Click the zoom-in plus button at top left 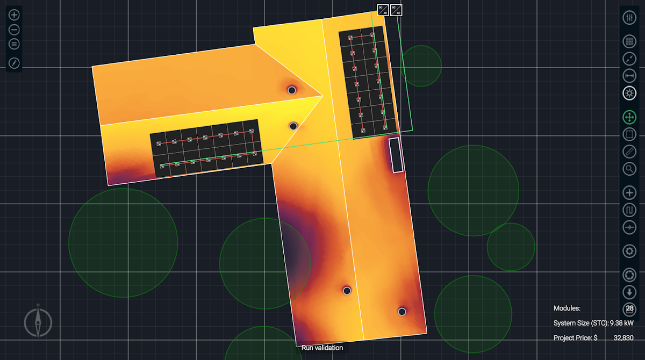coord(14,15)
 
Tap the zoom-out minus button coord(14,30)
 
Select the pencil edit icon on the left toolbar coord(14,63)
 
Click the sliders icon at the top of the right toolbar coord(629,18)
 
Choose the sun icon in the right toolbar coord(629,93)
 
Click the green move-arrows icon coord(629,118)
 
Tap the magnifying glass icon coord(629,169)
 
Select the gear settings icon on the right coord(629,251)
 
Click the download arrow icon coord(629,292)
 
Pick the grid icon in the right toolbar coord(629,41)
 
